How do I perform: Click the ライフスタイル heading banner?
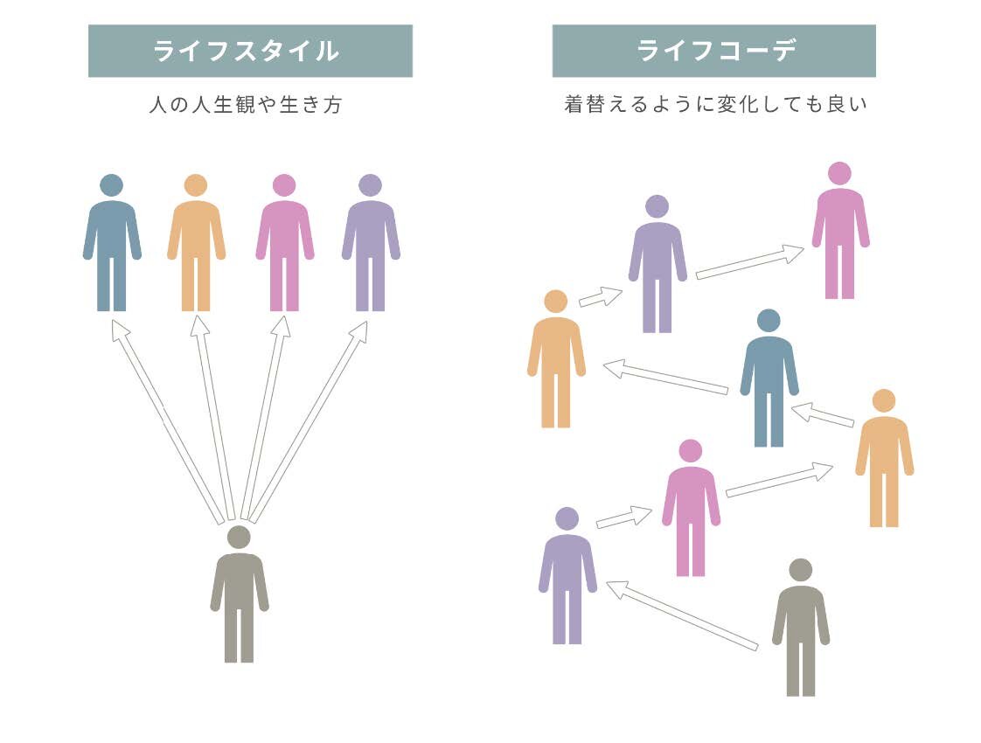click(x=250, y=51)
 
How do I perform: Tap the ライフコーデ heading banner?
click(x=713, y=51)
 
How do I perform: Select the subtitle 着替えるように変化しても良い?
click(x=715, y=105)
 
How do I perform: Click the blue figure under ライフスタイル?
click(x=112, y=249)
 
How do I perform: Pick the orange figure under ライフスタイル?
click(x=196, y=249)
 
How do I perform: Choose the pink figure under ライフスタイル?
click(x=284, y=249)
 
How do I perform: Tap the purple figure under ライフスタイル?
click(x=371, y=249)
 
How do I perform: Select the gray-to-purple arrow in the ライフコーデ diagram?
click(x=682, y=615)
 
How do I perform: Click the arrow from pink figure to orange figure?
click(x=778, y=480)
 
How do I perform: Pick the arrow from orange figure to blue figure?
click(x=822, y=414)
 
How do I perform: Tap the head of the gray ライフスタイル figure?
click(x=239, y=537)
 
